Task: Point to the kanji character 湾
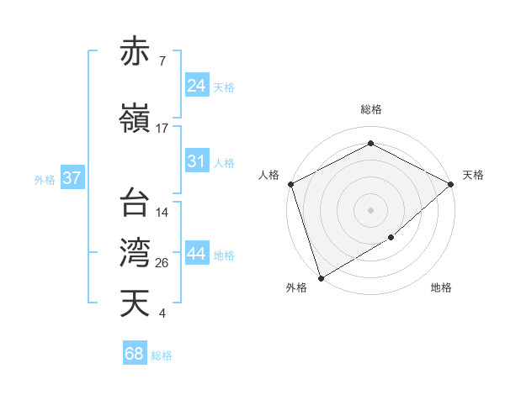click(x=136, y=252)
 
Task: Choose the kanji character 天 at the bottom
click(x=136, y=303)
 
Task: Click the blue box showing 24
click(x=197, y=86)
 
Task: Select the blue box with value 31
click(x=197, y=161)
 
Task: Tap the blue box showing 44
click(x=197, y=254)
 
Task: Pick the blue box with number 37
click(x=72, y=178)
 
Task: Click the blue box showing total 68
click(x=135, y=354)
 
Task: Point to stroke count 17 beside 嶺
click(x=162, y=129)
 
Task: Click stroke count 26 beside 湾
click(x=162, y=263)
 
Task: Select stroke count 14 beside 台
click(x=162, y=213)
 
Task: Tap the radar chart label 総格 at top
click(x=371, y=109)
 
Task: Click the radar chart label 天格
click(x=473, y=175)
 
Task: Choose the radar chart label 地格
click(x=441, y=288)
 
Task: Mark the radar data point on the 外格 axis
click(x=320, y=277)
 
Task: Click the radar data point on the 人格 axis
click(x=290, y=184)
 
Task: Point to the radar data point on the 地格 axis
click(x=391, y=239)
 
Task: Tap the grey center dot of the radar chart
click(x=371, y=210)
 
